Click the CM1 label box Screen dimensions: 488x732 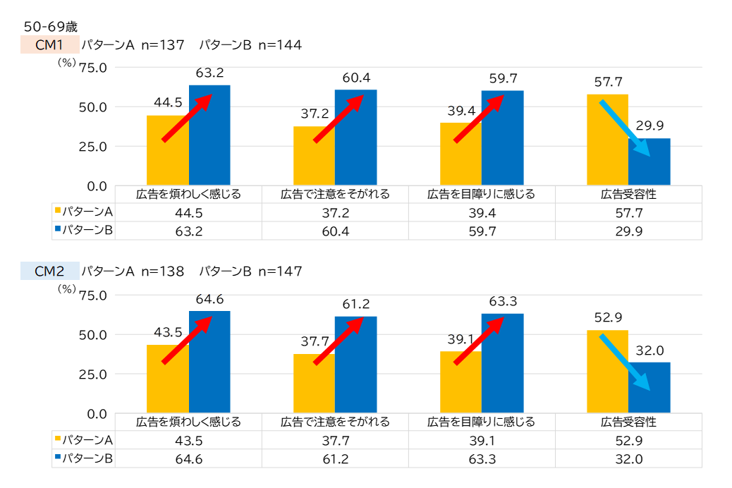click(50, 45)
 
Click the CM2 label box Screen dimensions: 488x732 click(50, 271)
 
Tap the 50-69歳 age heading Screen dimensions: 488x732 click(50, 27)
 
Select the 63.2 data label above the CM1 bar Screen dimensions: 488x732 click(209, 73)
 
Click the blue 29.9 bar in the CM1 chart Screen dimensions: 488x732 click(649, 162)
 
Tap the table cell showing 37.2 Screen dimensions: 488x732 click(335, 212)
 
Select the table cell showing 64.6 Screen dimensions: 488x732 click(188, 458)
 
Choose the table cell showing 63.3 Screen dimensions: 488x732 click(482, 458)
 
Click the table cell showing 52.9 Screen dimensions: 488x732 click(628, 440)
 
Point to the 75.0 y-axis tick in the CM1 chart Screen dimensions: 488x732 click(93, 68)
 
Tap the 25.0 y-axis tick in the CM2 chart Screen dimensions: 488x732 click(93, 374)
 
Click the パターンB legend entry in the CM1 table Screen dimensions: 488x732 click(85, 230)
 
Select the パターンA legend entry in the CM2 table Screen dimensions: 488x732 click(85, 440)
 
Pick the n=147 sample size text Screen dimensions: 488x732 click(280, 271)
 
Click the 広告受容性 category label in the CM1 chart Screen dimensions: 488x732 click(628, 194)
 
